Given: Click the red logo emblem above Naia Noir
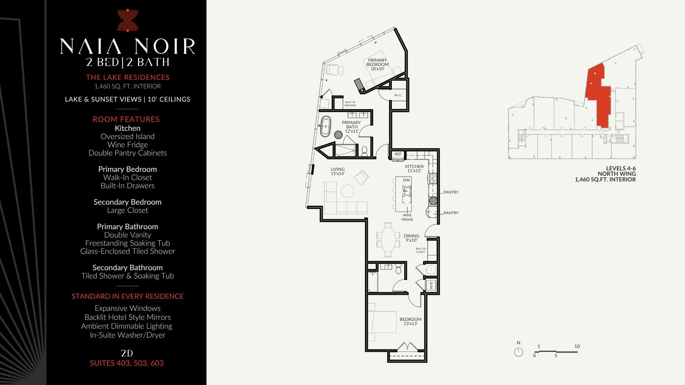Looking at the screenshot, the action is click(x=128, y=20).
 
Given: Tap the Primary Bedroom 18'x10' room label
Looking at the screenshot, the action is click(x=377, y=65).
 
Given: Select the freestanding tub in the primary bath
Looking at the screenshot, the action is click(x=325, y=126).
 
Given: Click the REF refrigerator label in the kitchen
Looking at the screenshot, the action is click(x=398, y=154).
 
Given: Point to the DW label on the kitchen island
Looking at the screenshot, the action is click(x=406, y=180).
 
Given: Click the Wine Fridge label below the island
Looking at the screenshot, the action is click(x=407, y=217).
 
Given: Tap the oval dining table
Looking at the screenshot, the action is click(x=388, y=239).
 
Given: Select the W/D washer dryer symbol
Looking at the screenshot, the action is click(x=431, y=286).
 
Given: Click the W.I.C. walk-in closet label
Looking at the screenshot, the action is click(x=398, y=95).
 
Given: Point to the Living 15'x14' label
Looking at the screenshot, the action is click(x=338, y=171).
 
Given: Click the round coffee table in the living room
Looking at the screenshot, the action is click(x=347, y=191).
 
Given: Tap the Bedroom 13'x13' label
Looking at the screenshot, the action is click(x=411, y=322).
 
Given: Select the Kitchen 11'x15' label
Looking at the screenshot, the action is click(x=414, y=169).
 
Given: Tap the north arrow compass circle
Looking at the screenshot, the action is click(x=518, y=352).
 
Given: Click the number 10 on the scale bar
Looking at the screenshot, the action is click(x=577, y=346).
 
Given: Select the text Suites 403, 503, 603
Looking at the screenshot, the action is click(x=127, y=363).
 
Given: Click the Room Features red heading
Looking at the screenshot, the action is click(x=126, y=119).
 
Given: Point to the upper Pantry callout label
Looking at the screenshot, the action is click(x=451, y=192).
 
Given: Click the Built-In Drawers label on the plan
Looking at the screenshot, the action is click(x=350, y=104).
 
